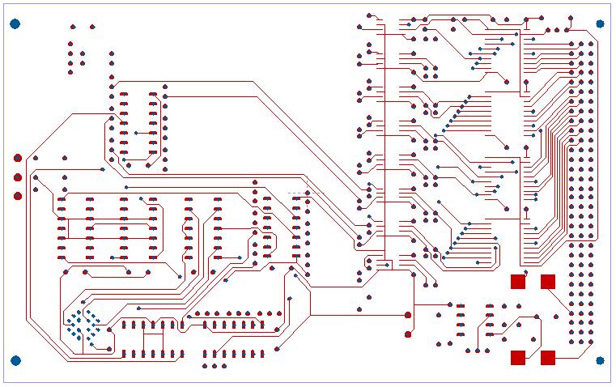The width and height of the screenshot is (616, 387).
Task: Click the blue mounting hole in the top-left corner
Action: point(15,23)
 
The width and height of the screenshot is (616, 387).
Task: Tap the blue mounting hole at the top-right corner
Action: point(601,23)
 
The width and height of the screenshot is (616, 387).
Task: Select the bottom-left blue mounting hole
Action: point(15,360)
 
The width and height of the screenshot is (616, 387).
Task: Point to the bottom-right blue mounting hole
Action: point(601,360)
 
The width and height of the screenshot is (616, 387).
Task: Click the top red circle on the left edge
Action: point(18,158)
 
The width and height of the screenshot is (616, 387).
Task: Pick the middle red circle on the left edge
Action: point(18,177)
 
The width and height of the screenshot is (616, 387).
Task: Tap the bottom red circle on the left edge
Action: point(18,196)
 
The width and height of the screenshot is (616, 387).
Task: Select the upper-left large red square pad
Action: point(518,282)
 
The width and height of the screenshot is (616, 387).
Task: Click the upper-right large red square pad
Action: point(548,282)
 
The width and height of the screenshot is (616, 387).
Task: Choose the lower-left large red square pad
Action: point(518,357)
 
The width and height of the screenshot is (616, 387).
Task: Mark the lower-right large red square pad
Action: point(548,357)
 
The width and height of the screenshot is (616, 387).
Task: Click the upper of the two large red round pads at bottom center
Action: point(408,314)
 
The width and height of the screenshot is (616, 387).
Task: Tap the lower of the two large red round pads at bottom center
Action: point(408,334)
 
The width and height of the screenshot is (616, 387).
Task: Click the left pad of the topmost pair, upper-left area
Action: point(73,27)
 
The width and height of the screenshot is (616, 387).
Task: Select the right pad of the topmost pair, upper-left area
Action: point(91,27)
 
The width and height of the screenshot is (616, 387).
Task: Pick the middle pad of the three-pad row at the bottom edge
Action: point(215,366)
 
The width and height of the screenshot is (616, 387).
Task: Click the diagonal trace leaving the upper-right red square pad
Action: point(560,297)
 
